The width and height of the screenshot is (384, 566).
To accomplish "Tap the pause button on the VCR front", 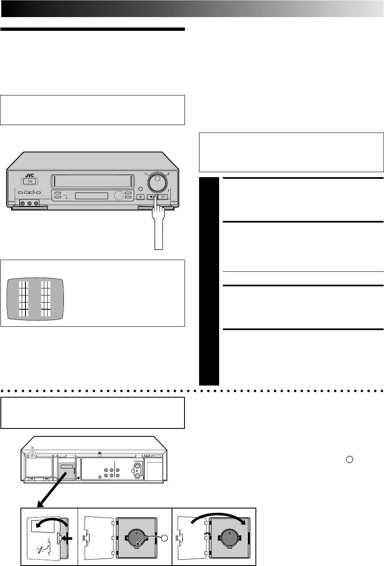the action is click(141, 197).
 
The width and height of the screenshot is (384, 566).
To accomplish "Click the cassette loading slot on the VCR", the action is click(92, 181).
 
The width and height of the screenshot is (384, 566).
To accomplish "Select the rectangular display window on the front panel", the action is click(91, 196).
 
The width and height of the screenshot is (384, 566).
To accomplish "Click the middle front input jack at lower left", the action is click(29, 204).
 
